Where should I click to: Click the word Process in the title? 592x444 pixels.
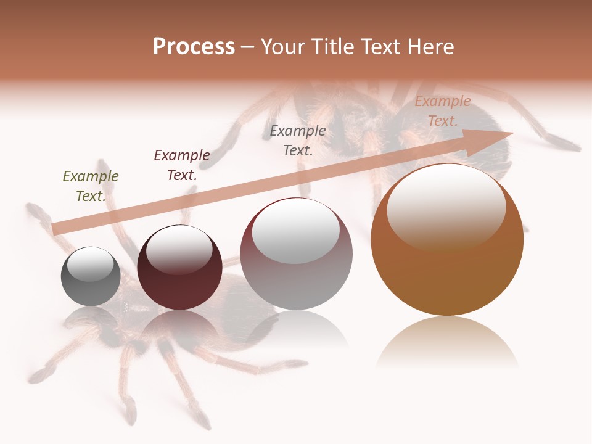(194, 47)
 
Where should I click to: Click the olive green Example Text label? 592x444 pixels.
(91, 186)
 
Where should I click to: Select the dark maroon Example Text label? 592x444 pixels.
(182, 165)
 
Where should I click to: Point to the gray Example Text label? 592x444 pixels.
(298, 140)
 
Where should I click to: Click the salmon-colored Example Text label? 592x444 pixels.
(442, 111)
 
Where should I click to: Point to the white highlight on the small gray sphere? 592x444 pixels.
(90, 264)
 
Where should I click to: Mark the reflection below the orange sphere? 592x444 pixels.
(447, 342)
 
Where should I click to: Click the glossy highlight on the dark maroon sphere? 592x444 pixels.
(179, 250)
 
